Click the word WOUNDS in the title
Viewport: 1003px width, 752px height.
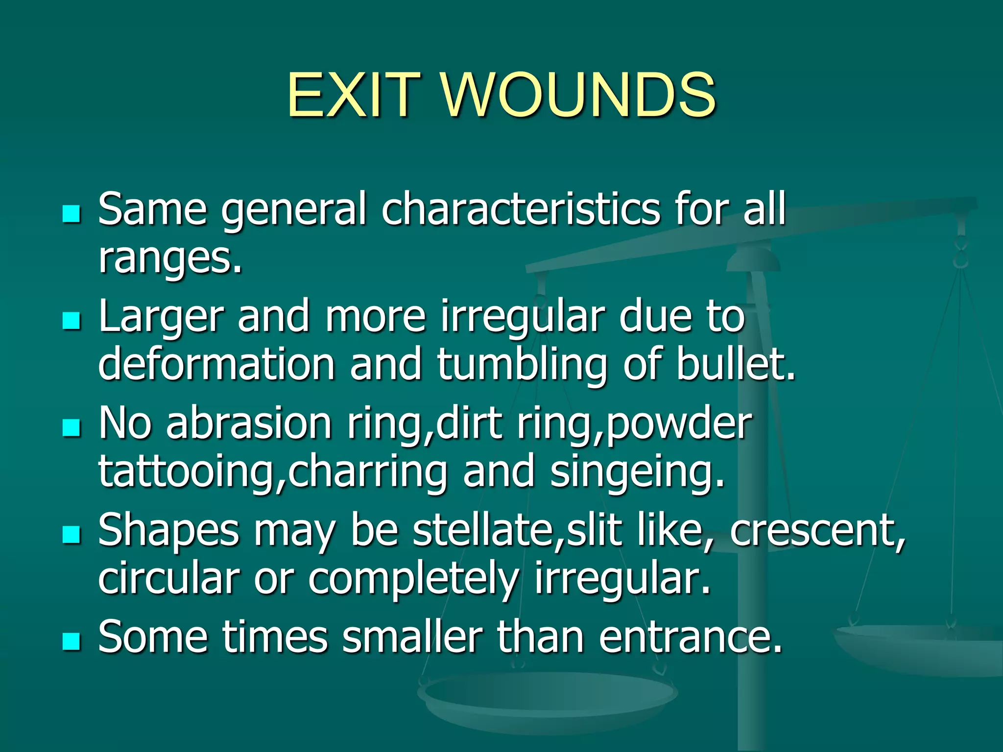tap(579, 95)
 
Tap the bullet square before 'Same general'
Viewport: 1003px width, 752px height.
tap(72, 214)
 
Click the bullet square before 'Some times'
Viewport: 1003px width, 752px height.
tap(72, 641)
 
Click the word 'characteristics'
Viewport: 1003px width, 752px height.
tap(521, 210)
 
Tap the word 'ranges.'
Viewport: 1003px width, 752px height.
tap(170, 259)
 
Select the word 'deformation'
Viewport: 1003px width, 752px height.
tap(216, 364)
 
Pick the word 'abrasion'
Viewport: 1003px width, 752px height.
tap(249, 423)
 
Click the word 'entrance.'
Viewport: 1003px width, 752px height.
tap(690, 637)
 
